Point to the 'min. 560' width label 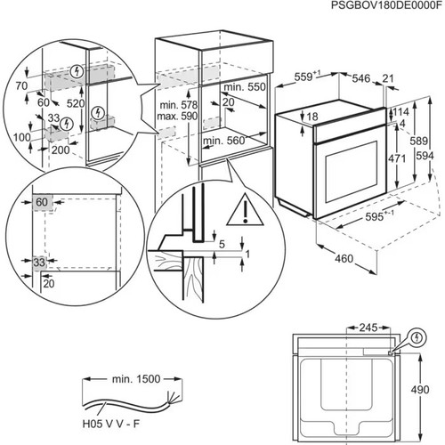(224, 141)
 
